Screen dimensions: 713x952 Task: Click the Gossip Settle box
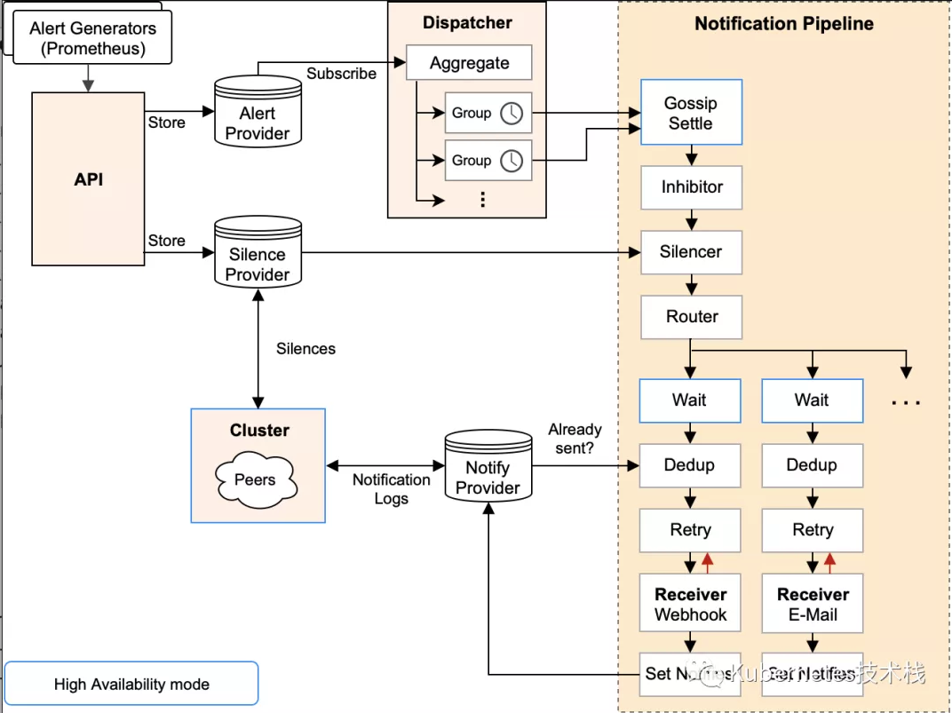point(691,113)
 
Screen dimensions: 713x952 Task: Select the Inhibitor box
point(691,187)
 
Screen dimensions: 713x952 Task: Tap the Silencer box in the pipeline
point(691,252)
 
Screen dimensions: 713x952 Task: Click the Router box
point(691,317)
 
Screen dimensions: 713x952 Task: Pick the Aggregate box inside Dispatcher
point(469,63)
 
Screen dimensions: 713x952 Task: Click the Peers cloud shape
point(256,479)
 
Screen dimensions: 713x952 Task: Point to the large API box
point(88,178)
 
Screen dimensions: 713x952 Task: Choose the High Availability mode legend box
point(131,684)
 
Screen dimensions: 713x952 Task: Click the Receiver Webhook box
point(690,604)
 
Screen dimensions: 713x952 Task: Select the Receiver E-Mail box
point(813,604)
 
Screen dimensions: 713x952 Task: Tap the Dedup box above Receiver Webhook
point(689,465)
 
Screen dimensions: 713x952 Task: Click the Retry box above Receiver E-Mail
point(813,530)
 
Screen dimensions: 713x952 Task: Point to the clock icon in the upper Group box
point(512,113)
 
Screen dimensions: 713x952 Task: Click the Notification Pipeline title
point(784,24)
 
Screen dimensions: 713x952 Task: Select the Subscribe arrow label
point(341,74)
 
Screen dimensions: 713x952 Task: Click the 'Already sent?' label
point(575,439)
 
